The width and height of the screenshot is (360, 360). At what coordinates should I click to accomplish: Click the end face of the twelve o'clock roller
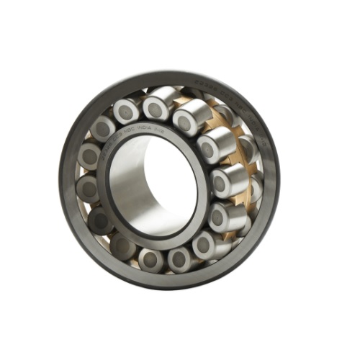point(156,109)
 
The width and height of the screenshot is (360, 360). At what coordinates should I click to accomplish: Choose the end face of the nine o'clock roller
point(87,189)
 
